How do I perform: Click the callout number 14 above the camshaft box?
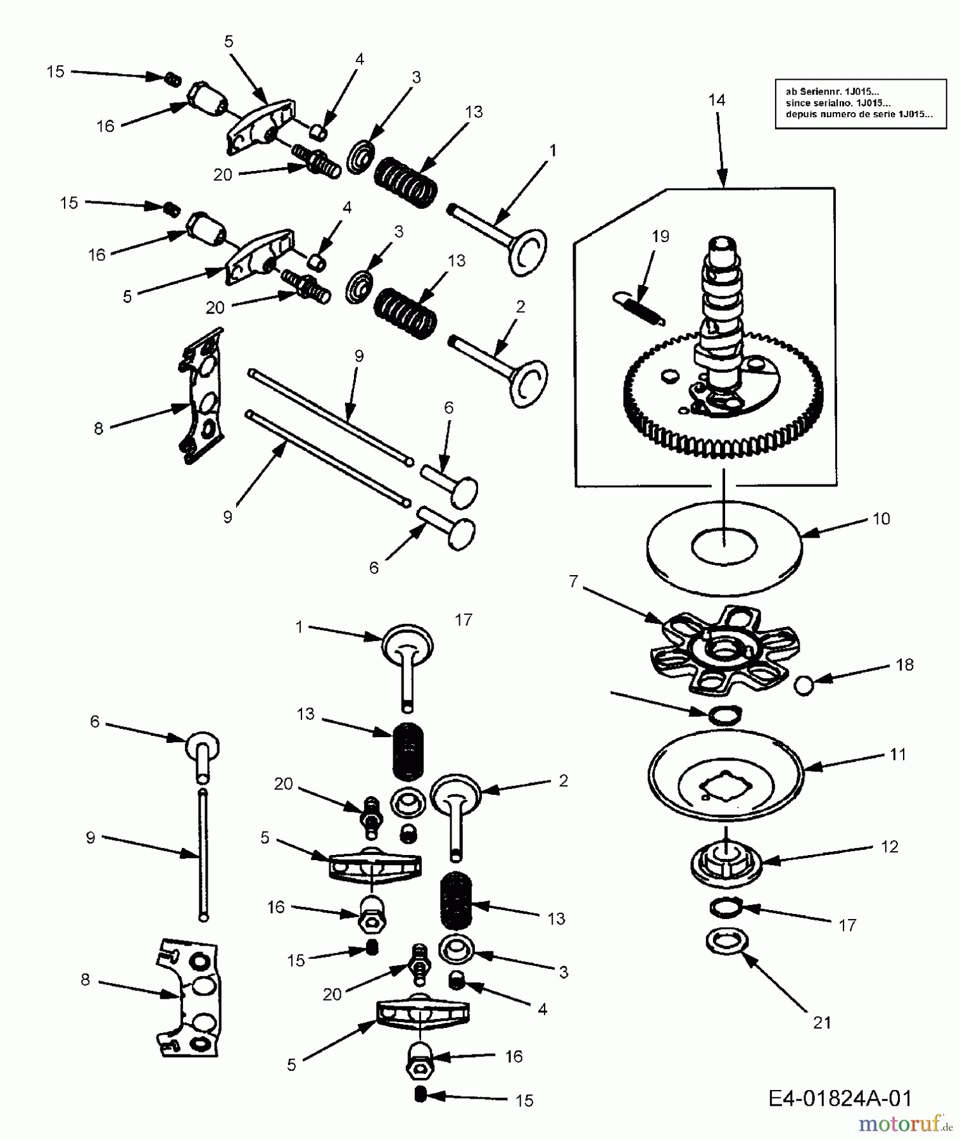pyautogui.click(x=717, y=100)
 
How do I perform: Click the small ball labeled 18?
pyautogui.click(x=804, y=685)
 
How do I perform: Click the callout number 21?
pyautogui.click(x=821, y=1022)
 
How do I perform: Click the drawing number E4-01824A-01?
pyautogui.click(x=840, y=1098)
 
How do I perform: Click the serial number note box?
pyautogui.click(x=861, y=104)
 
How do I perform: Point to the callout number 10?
pyautogui.click(x=881, y=519)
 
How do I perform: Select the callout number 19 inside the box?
pyautogui.click(x=660, y=236)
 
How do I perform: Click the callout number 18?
pyautogui.click(x=905, y=664)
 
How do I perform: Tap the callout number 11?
pyautogui.click(x=897, y=754)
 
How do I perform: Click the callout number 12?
pyautogui.click(x=889, y=846)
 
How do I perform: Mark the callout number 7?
pyautogui.click(x=574, y=581)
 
